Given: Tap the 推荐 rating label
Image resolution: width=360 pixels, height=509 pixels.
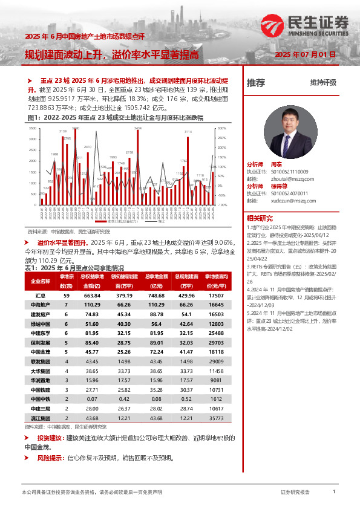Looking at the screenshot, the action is coord(255,83).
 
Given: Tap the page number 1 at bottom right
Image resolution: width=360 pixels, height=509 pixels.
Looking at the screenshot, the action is coord(334,492).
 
